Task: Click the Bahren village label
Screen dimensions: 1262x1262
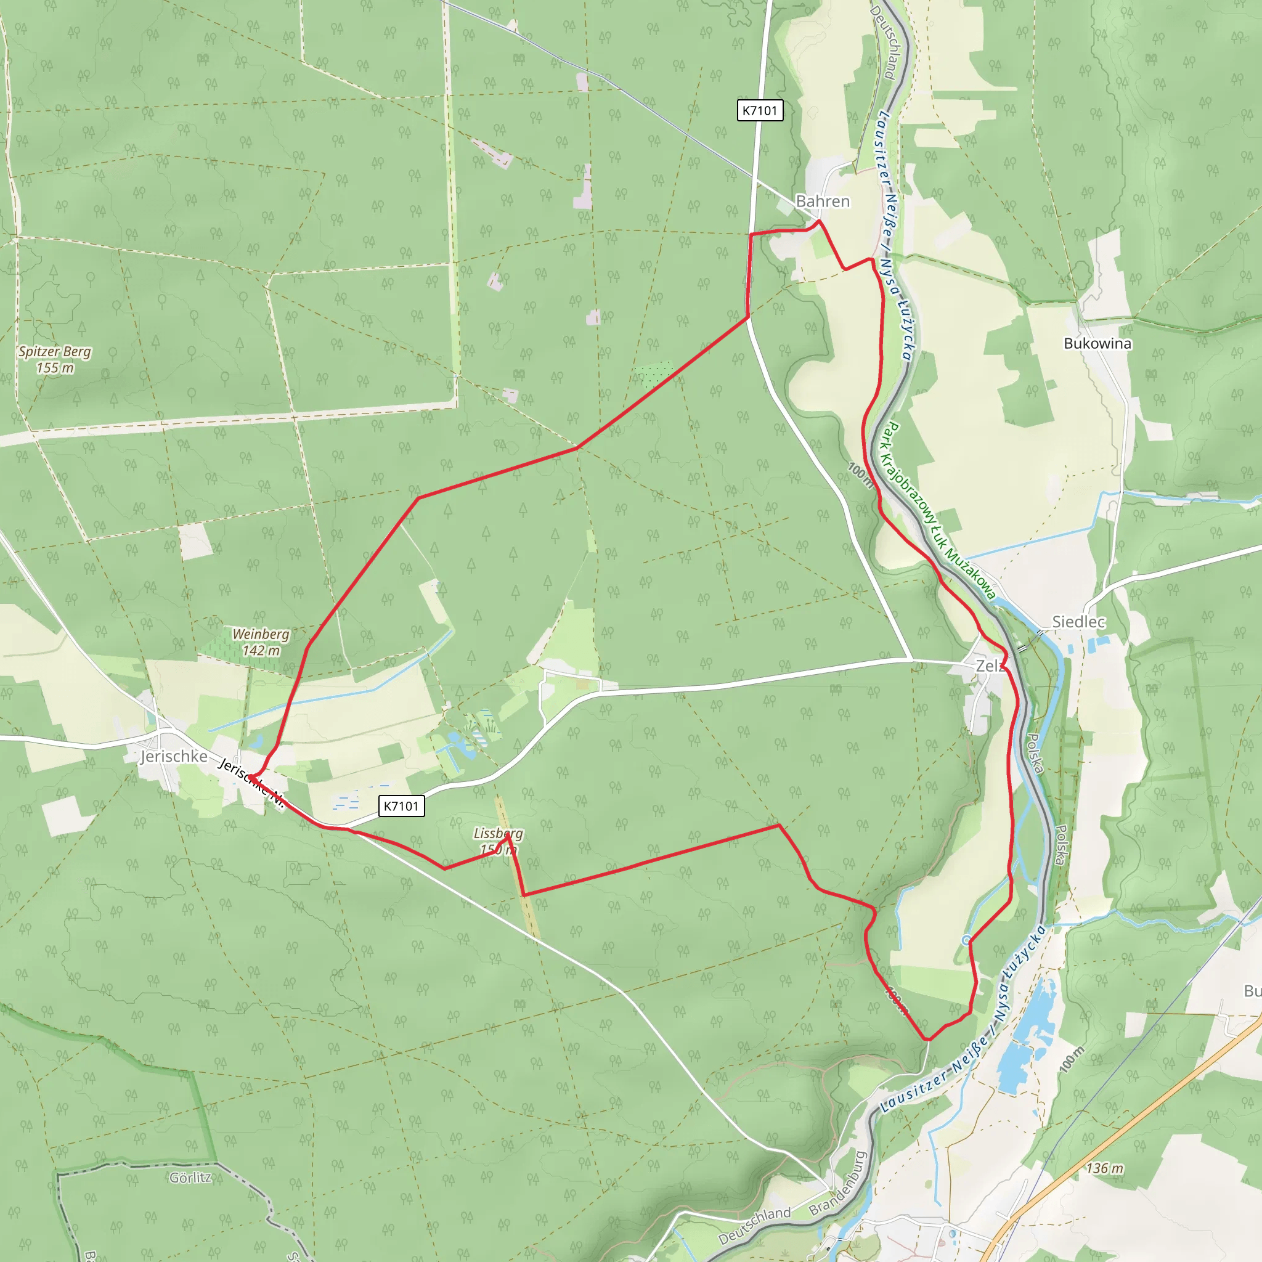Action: tap(823, 201)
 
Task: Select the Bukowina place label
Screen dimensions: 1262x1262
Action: tap(1097, 343)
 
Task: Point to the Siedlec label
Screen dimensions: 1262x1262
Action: tap(1078, 621)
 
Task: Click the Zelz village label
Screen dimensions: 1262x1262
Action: tap(989, 666)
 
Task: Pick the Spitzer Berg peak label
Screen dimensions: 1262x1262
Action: tap(55, 359)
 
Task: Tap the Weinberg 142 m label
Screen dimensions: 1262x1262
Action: tap(261, 641)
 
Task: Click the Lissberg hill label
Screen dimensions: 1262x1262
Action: tap(498, 841)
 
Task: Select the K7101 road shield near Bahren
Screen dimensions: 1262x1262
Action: tap(760, 110)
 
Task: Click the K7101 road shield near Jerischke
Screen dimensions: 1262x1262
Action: tap(401, 805)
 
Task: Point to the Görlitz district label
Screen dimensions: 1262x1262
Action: tap(190, 1177)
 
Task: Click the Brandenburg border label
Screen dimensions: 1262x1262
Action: tap(837, 1183)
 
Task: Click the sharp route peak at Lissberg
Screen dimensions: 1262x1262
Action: tap(508, 836)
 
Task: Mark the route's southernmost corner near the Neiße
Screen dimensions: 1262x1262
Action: tap(927, 1038)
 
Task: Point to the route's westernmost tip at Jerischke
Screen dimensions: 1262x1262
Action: tap(248, 775)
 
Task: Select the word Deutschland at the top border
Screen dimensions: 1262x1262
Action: tap(882, 43)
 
